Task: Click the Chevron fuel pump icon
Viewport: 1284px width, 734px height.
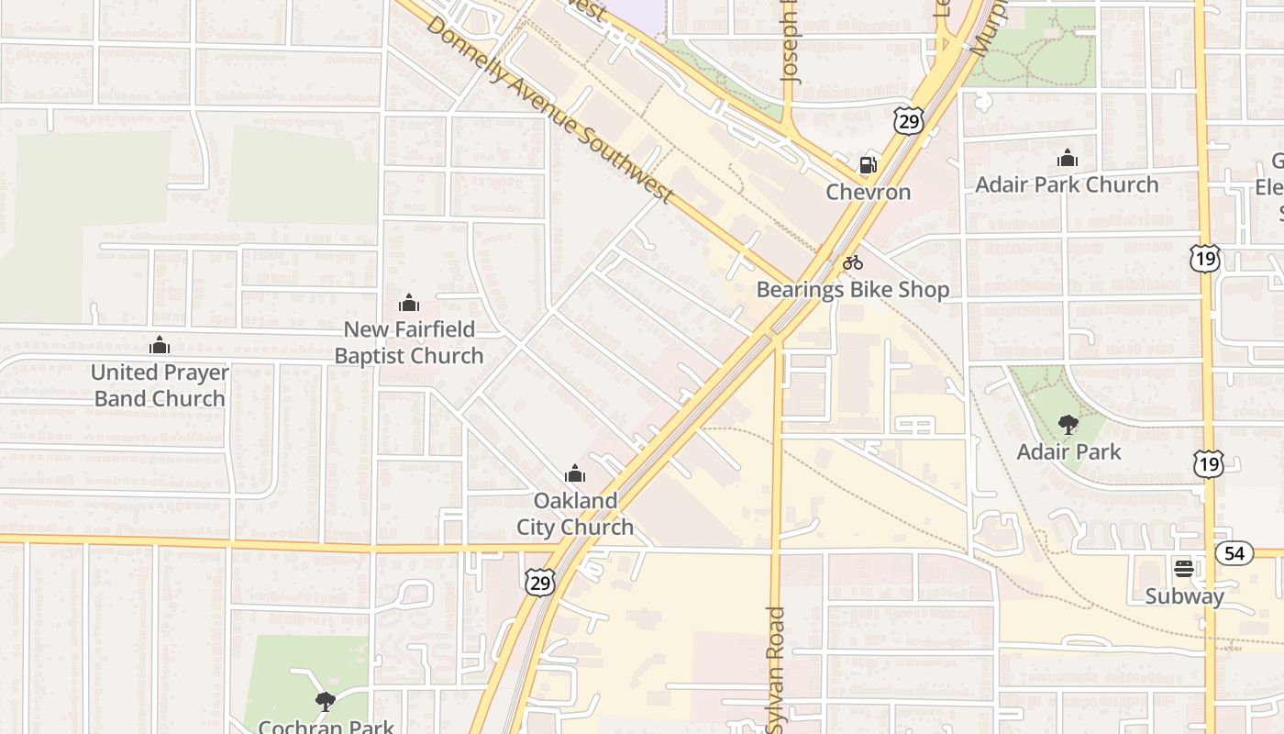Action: click(x=867, y=165)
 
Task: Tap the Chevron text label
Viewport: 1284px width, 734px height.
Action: click(x=868, y=192)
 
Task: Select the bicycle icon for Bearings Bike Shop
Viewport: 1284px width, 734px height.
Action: click(x=853, y=262)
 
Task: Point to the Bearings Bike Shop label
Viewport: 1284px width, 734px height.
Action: click(x=852, y=290)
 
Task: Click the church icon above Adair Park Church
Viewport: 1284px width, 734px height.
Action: click(x=1067, y=159)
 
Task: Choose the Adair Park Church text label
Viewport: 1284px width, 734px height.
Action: click(x=1067, y=184)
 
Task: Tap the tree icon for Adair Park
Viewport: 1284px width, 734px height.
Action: click(x=1068, y=424)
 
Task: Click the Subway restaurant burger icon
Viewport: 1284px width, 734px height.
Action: click(x=1183, y=568)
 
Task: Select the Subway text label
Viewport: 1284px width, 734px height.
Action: click(x=1184, y=596)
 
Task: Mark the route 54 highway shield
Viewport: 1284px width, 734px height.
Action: click(x=1234, y=553)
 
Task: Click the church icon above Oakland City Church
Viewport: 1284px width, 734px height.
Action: click(x=575, y=473)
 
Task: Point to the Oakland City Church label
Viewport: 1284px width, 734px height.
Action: click(x=575, y=514)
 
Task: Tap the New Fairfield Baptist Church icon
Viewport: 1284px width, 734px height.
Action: click(x=409, y=303)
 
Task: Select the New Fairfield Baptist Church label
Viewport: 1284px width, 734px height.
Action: click(x=409, y=342)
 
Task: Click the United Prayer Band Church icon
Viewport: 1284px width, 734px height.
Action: click(x=160, y=346)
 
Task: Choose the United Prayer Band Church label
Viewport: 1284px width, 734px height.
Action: click(x=160, y=385)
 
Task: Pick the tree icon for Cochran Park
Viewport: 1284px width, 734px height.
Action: click(x=325, y=702)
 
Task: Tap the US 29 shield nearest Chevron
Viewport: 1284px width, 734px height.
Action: click(x=908, y=121)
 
